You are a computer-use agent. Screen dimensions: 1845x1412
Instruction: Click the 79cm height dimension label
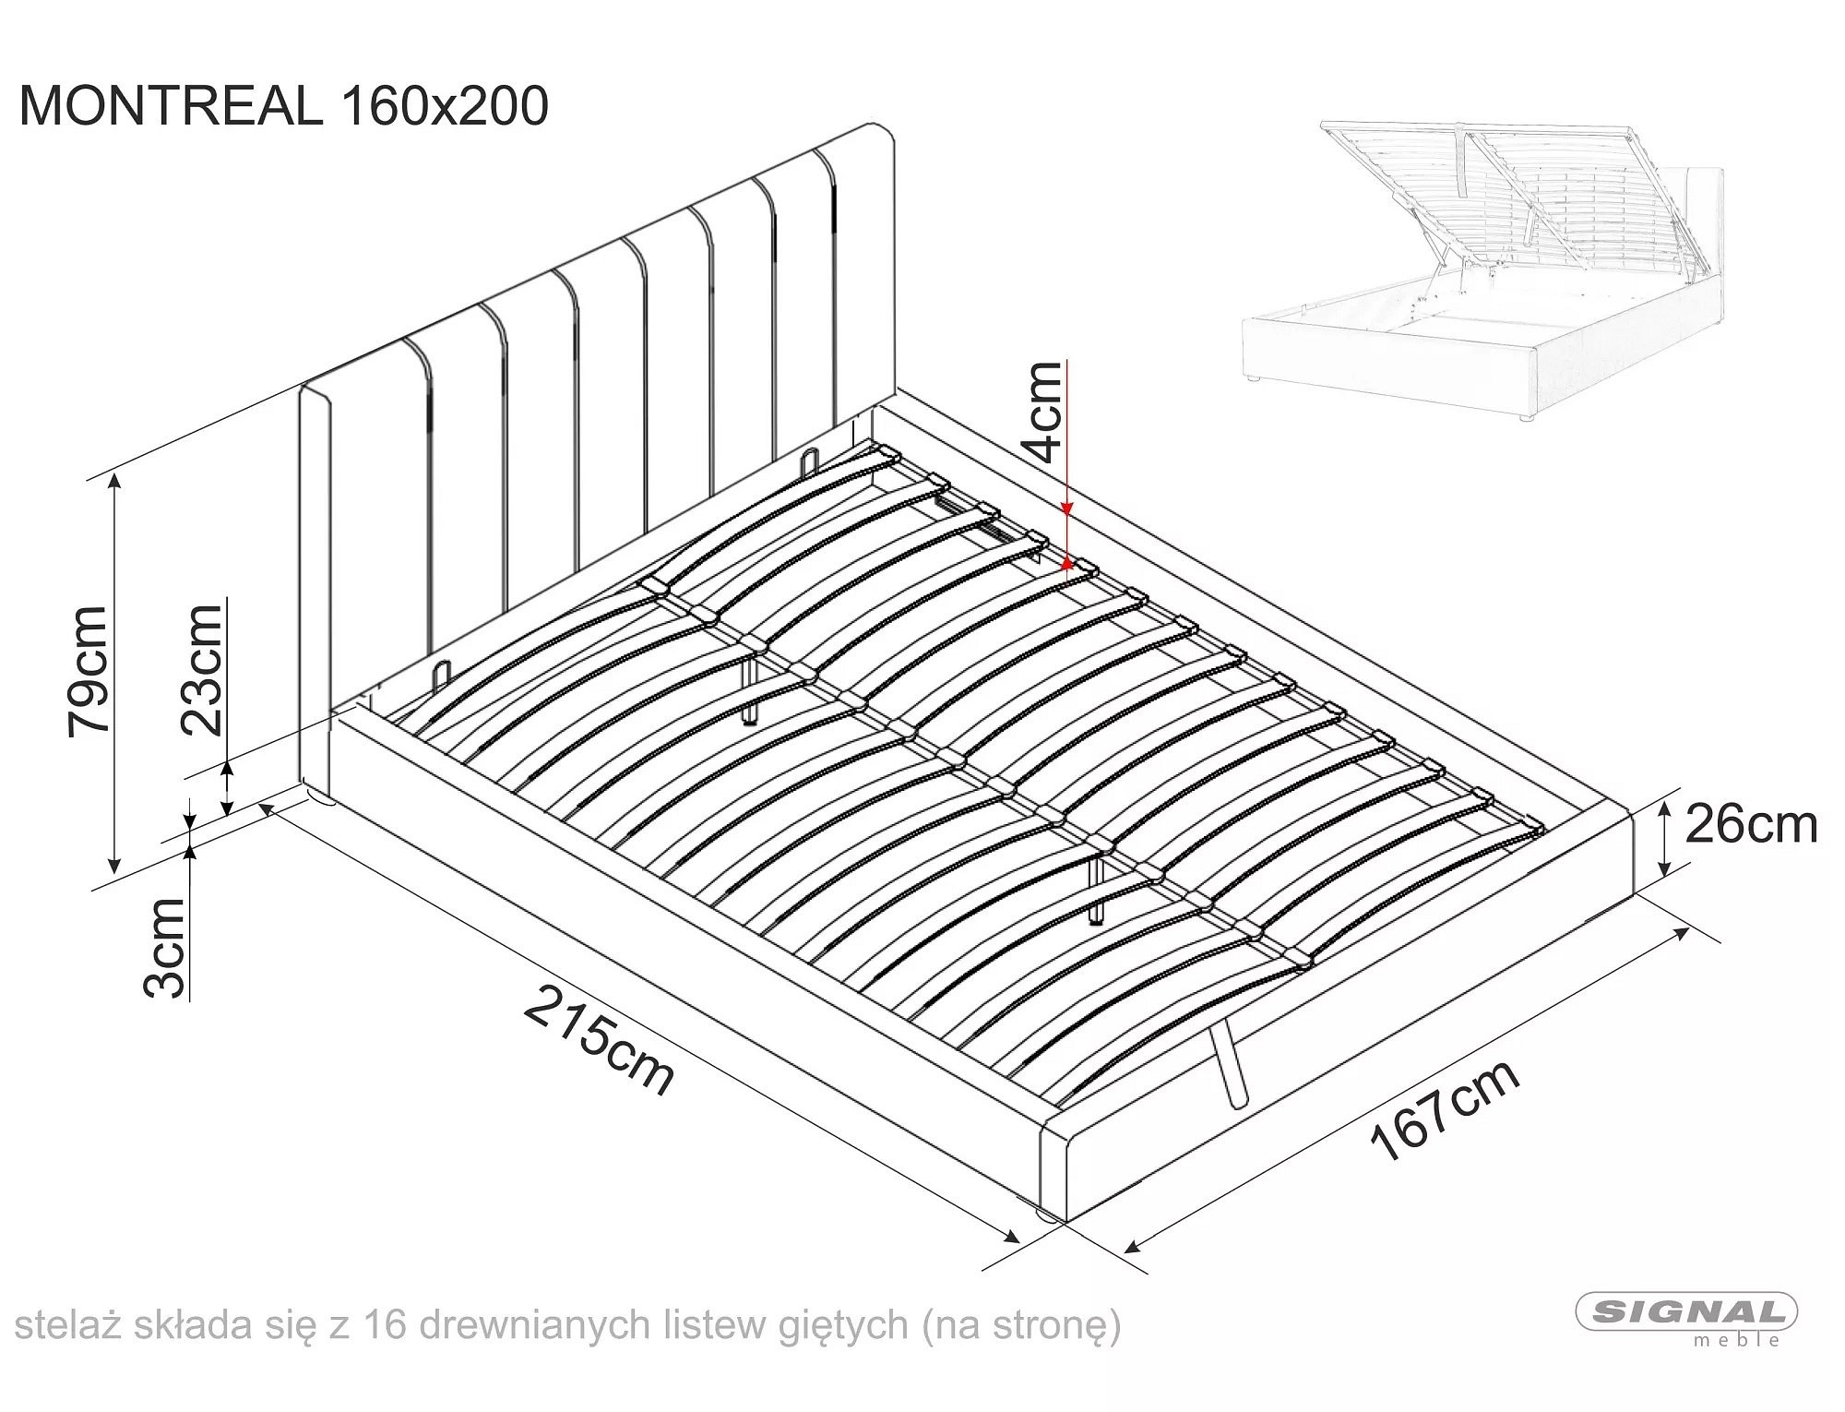pyautogui.click(x=89, y=671)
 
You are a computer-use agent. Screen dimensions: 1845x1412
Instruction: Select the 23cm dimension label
pyautogui.click(x=202, y=668)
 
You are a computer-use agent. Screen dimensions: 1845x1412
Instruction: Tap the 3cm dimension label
pyautogui.click(x=166, y=948)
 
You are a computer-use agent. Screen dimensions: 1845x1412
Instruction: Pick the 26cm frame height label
pyautogui.click(x=1751, y=825)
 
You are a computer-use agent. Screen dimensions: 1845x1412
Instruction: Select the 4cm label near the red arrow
pyautogui.click(x=1043, y=412)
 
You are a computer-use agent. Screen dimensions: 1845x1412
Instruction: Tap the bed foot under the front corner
pyautogui.click(x=1045, y=1217)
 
